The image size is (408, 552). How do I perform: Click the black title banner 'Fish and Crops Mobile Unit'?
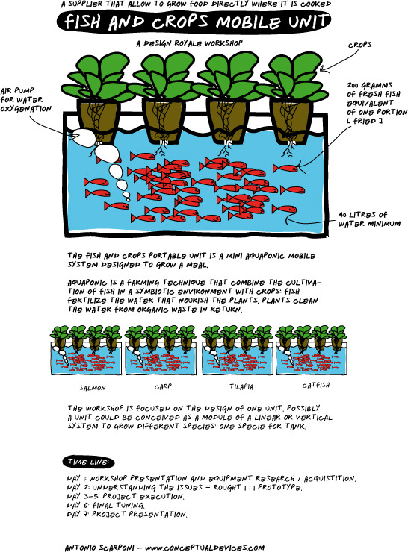coord(194,22)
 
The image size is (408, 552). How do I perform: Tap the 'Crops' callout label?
coord(359,45)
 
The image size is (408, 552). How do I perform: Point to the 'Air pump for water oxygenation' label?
coord(25,100)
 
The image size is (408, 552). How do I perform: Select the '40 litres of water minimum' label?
coord(369,219)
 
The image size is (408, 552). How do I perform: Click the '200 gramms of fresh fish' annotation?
coord(377,103)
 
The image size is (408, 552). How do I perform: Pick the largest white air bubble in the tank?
coord(107,153)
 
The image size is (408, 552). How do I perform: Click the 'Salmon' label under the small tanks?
coord(93,388)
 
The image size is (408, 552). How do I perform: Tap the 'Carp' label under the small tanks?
coord(163,386)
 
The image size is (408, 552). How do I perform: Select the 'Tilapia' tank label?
coord(241,387)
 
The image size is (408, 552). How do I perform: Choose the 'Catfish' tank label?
coord(316,385)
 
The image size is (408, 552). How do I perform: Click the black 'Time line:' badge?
coord(88,462)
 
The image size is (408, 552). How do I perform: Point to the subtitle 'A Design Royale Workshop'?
coord(189,43)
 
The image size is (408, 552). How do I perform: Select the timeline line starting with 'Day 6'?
coord(105,506)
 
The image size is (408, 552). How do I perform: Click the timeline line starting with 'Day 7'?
coord(127,515)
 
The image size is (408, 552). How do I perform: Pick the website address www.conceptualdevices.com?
coord(205,548)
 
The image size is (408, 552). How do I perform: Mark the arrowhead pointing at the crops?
coord(324,69)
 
